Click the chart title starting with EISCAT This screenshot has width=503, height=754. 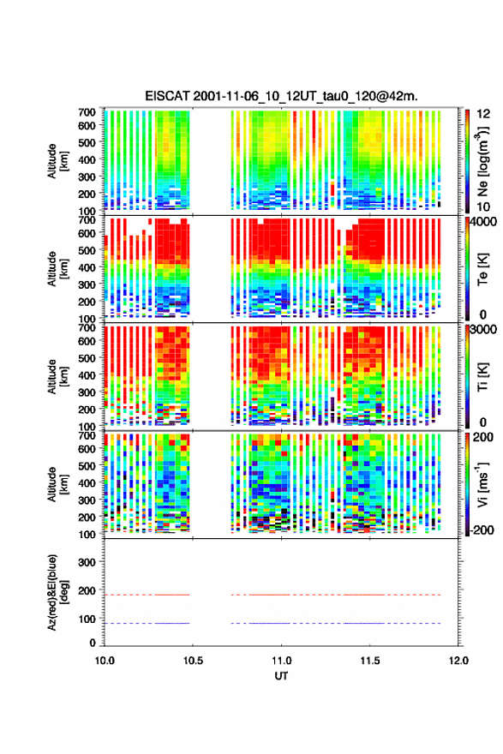[281, 96]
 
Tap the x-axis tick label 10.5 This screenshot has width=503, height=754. [193, 661]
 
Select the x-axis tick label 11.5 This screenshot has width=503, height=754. [370, 661]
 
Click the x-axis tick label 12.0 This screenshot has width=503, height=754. [458, 661]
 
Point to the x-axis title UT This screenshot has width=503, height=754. [281, 676]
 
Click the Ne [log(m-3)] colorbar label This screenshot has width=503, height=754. [482, 161]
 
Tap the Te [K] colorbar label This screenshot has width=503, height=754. [482, 269]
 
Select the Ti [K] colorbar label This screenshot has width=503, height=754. [482, 377]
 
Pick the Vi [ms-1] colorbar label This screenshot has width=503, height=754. [482, 484]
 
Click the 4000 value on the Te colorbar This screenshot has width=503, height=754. [483, 223]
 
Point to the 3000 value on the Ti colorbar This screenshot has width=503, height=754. [483, 330]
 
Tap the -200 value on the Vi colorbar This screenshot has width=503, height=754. [482, 530]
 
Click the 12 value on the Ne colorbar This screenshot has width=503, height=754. [483, 114]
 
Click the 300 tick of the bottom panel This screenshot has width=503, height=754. [87, 562]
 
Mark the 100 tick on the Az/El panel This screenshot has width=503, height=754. [87, 619]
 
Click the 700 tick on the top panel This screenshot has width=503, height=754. [87, 112]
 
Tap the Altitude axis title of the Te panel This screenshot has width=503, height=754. [58, 269]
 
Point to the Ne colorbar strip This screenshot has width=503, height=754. [467, 160]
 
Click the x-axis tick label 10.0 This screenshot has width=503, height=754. [105, 661]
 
